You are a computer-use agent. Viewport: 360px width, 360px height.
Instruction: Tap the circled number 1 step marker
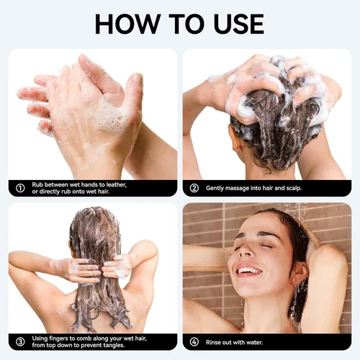tap(20, 189)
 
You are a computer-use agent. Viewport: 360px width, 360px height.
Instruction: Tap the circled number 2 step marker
tap(194, 189)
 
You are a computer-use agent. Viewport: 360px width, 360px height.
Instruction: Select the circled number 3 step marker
tap(20, 341)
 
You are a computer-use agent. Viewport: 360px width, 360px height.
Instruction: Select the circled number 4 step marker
tap(194, 341)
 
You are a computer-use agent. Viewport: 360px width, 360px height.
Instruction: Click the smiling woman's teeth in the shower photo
tap(248, 271)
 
